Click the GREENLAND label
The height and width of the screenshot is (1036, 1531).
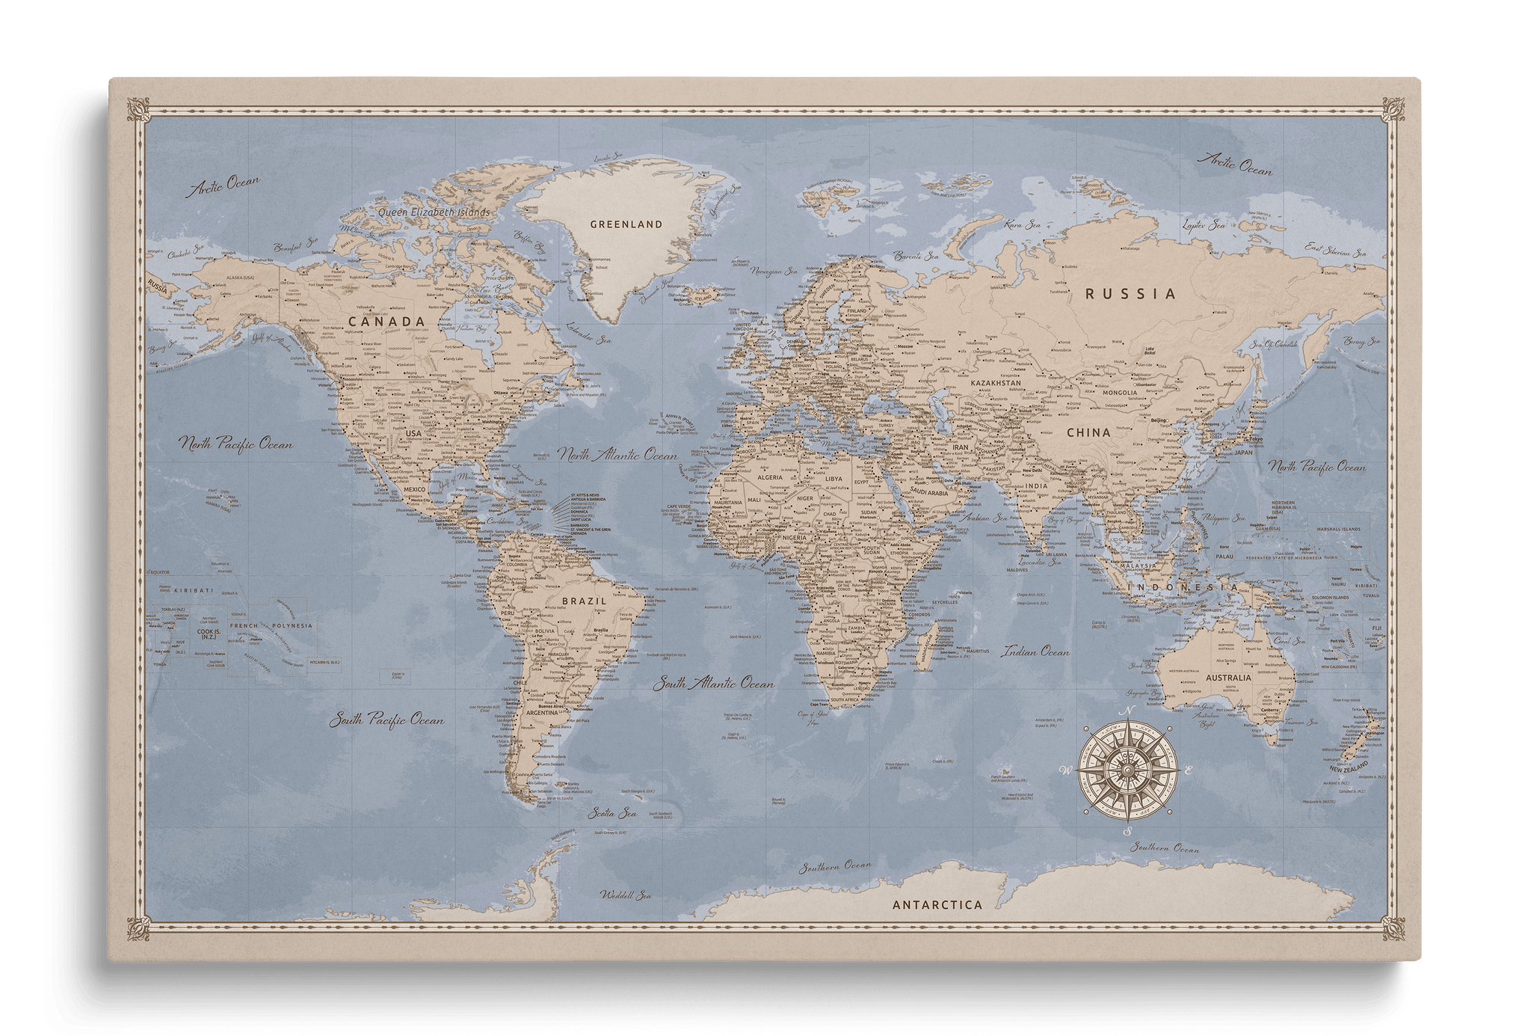626,224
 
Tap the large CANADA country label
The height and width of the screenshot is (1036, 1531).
387,322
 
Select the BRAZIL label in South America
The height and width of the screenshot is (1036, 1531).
583,601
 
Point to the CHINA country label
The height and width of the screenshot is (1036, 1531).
1088,432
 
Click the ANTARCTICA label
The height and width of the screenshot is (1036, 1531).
937,904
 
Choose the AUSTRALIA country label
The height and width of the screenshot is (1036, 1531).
1228,678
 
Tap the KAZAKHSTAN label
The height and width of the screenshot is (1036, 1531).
996,383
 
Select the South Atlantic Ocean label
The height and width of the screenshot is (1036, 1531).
713,684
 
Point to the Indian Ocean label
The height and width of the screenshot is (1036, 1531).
1035,652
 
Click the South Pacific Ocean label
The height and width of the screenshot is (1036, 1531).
387,720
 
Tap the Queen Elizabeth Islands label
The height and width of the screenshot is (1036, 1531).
434,212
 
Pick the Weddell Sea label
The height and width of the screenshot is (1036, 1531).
626,895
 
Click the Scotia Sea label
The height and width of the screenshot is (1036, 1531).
612,812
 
